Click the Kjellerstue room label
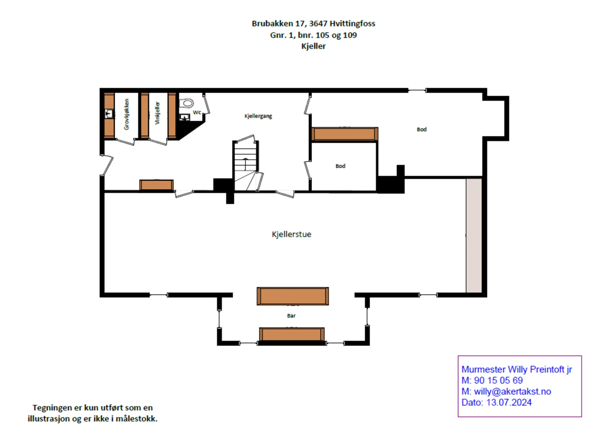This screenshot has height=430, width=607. point(291,234)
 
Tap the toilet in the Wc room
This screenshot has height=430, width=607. point(186,103)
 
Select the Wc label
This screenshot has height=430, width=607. point(197,112)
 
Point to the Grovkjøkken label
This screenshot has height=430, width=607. point(127,114)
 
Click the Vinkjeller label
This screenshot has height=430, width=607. point(157,113)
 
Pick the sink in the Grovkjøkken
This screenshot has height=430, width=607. point(109,114)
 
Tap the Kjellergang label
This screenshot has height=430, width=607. point(258,116)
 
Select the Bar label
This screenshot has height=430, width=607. point(291,316)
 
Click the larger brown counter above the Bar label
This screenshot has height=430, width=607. point(292,296)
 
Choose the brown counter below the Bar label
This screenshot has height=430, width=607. point(292,334)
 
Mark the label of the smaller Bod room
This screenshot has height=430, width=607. point(340,166)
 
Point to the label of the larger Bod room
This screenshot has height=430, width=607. point(421,130)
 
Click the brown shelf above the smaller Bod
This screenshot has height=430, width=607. point(345,134)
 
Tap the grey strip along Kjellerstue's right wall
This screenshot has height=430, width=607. point(474,235)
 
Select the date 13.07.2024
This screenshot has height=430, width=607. point(509,403)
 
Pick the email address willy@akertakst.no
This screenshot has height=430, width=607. point(513,392)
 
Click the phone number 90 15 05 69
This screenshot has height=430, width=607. point(498,380)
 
